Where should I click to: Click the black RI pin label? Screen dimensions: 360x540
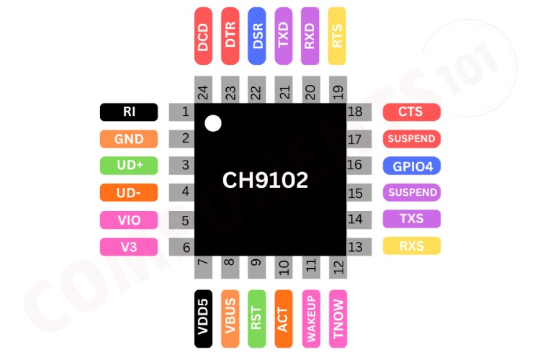(129, 112)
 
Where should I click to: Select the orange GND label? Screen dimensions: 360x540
(129, 138)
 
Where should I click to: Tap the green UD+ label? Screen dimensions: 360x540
(129, 165)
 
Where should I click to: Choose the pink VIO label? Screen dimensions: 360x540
(129, 220)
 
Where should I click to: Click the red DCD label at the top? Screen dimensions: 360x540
(203, 37)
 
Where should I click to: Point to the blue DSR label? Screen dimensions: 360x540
(257, 37)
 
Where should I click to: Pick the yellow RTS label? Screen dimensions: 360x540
(336, 37)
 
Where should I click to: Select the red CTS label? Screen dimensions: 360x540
(411, 112)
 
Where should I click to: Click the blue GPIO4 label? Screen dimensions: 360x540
(411, 166)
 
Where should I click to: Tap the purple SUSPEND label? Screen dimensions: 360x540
(411, 192)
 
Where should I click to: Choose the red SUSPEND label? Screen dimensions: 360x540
(411, 138)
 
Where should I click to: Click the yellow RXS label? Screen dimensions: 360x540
(411, 246)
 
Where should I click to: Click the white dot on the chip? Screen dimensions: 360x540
(212, 123)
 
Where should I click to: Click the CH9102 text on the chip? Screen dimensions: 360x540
(265, 179)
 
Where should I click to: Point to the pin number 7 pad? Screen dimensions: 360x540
(203, 267)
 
